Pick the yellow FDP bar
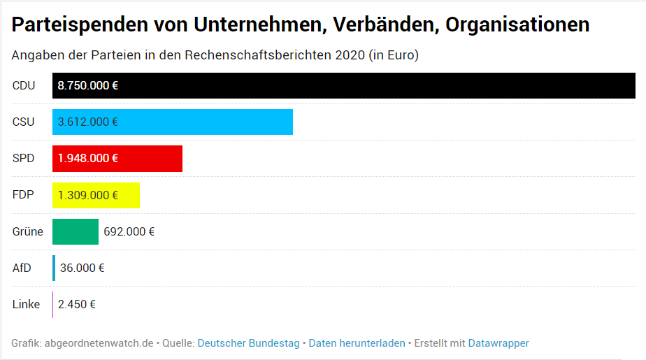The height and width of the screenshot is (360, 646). point(129,195)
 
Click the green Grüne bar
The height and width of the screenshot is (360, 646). point(76,231)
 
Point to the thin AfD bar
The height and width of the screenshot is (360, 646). point(54,268)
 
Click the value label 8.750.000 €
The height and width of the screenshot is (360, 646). point(88,85)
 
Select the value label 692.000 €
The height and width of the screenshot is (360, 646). point(129,231)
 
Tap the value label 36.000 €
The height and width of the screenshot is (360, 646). point(82,268)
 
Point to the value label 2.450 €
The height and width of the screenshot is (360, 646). point(77,304)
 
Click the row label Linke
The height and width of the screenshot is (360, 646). point(27,304)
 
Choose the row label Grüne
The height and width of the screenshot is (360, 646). point(28,231)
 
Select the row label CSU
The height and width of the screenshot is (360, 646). point(23,122)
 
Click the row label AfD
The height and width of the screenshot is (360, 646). point(22,268)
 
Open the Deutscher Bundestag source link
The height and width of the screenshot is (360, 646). point(248,343)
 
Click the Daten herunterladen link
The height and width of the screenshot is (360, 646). point(357,343)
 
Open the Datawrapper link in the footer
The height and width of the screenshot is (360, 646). point(498,343)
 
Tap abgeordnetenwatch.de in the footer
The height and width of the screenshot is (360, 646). point(99,343)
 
